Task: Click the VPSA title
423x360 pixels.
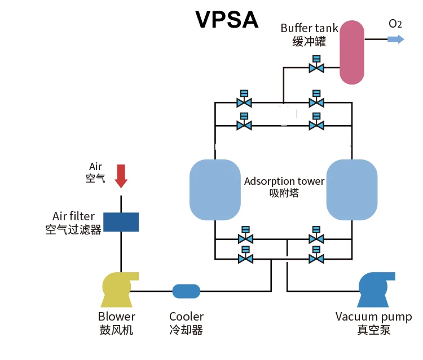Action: (227, 20)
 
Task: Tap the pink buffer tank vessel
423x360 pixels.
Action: (352, 52)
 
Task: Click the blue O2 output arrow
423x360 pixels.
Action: (396, 39)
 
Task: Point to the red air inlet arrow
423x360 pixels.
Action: (121, 176)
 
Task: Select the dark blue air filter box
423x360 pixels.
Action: (121, 222)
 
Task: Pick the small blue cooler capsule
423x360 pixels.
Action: (186, 291)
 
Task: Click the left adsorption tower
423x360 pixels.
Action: (215, 189)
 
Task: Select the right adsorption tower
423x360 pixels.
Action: (351, 189)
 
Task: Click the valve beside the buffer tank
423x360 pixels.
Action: (316, 68)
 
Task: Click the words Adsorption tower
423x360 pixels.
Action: (284, 181)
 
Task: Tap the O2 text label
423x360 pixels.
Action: (395, 24)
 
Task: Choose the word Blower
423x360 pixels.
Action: (117, 317)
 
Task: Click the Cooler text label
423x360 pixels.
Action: (186, 317)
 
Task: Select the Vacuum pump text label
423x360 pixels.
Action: (373, 317)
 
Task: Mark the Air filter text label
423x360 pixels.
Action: (73, 216)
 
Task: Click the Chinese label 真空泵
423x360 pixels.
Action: (373, 330)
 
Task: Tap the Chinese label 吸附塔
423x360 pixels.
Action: (284, 193)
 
